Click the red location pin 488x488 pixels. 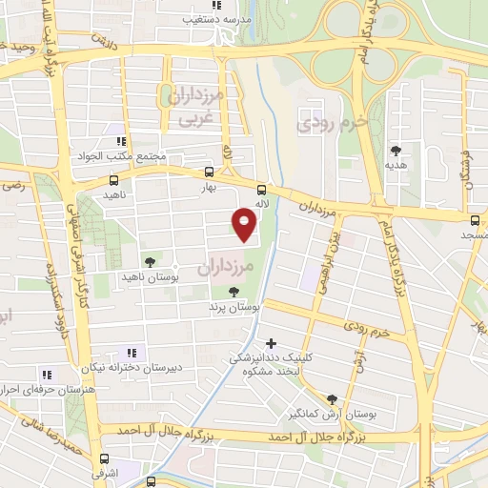point(245,222)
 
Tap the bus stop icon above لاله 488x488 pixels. point(262,188)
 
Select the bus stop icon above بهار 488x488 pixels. point(209,173)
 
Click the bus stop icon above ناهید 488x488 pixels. point(114,179)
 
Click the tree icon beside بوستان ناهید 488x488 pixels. point(149,261)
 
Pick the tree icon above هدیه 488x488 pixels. point(395,149)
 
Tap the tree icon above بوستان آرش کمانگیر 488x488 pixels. point(332,400)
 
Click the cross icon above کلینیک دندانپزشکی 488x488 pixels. point(272,342)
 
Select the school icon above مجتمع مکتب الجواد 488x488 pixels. point(120,141)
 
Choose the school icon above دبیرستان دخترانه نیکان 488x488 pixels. point(132,352)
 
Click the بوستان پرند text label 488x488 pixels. point(234,308)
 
